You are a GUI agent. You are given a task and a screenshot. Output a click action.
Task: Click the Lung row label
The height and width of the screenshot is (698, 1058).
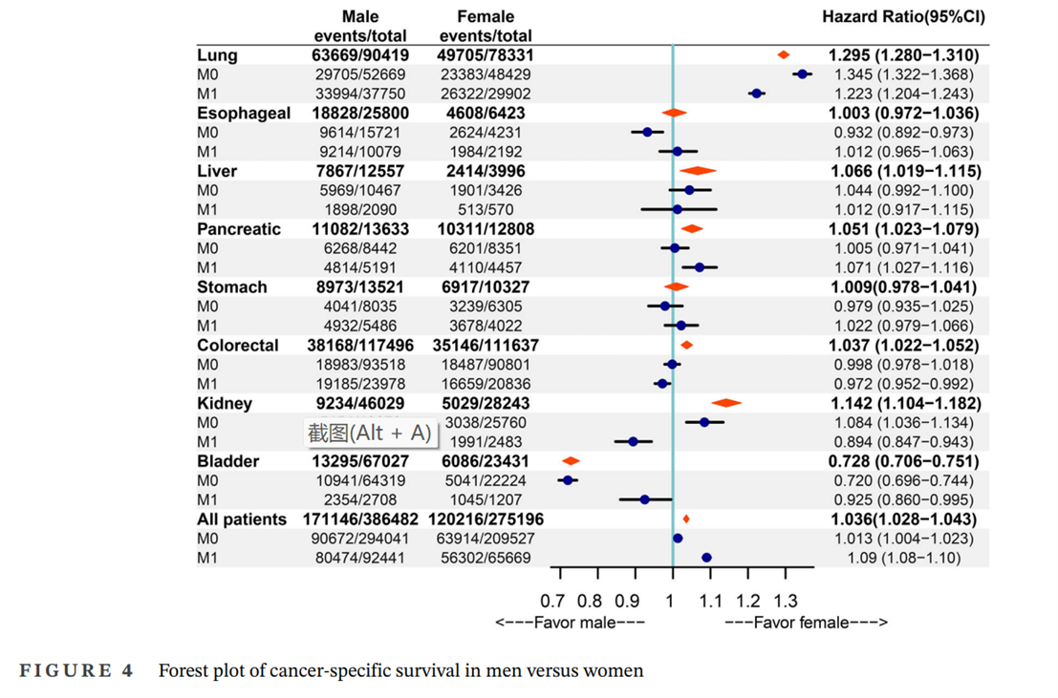(217, 55)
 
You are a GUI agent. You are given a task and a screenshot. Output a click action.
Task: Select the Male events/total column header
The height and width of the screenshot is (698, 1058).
(360, 26)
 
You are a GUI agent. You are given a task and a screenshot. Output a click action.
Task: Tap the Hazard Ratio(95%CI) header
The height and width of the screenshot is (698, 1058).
(903, 17)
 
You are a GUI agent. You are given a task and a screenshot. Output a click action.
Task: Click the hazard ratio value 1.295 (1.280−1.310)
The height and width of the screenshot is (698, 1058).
(903, 55)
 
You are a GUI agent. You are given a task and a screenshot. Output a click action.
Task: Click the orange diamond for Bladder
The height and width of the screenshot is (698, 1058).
(571, 461)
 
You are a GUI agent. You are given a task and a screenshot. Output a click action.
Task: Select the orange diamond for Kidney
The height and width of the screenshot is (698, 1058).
(725, 403)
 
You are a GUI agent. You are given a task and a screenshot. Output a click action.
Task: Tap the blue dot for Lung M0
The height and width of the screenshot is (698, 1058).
(802, 74)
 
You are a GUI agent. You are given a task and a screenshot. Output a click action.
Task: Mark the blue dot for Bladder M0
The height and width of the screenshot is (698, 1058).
(568, 480)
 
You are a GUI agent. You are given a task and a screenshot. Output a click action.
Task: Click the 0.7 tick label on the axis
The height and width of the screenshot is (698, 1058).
(552, 602)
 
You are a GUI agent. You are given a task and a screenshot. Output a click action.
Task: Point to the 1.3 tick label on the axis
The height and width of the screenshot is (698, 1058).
(785, 602)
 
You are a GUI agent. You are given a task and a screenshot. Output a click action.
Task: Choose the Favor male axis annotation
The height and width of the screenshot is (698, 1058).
(570, 624)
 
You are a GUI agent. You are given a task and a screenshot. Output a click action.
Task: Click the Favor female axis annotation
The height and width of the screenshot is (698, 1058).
(806, 624)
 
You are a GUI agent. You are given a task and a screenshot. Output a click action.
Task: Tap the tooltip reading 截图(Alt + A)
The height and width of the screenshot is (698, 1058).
(369, 433)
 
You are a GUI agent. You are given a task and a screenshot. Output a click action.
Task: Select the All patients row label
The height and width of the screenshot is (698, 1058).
(242, 519)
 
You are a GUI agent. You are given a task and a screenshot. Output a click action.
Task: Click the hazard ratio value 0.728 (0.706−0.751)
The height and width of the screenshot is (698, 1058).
(903, 461)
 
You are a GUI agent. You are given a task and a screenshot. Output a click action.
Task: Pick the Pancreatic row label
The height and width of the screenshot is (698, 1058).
(239, 229)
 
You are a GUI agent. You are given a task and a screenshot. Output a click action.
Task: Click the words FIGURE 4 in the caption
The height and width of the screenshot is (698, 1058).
(76, 670)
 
